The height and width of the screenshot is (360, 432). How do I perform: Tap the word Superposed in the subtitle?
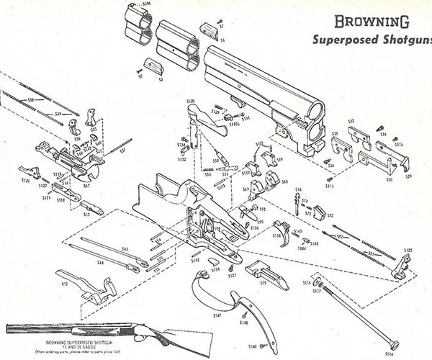pos(341,40)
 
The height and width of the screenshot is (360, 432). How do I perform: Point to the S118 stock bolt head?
pos(393,343)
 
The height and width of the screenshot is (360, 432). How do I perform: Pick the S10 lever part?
pos(91,287)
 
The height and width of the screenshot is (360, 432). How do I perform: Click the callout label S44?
pos(100,264)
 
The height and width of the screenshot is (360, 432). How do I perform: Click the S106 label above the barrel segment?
pos(147,5)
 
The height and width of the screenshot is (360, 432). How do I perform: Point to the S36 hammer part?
pos(75,129)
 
